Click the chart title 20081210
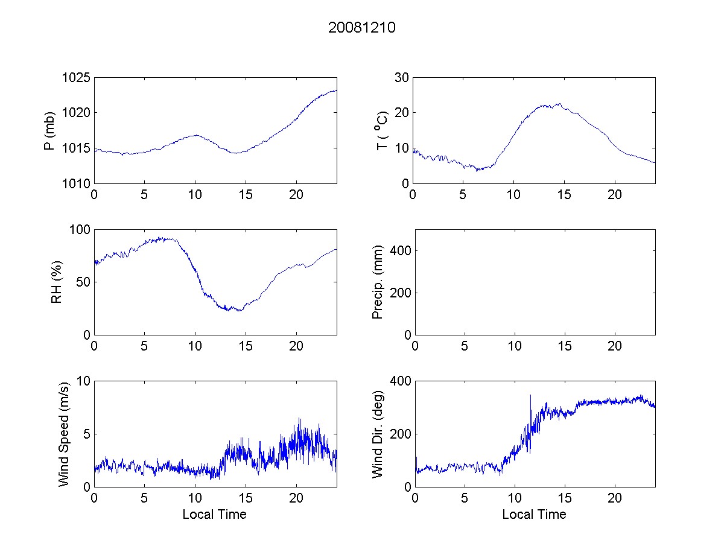tap(361, 28)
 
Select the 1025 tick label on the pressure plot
tap(76, 78)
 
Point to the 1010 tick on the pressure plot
tap(76, 183)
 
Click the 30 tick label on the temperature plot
tap(402, 78)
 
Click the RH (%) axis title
tap(57, 282)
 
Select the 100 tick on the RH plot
tap(80, 230)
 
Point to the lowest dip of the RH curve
tap(240, 311)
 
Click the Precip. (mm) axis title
tap(378, 282)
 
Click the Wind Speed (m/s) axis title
tap(63, 434)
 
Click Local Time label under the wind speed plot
tap(214, 515)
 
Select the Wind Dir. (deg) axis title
tap(378, 434)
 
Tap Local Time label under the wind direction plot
tap(534, 515)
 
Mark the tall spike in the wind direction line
tap(530, 396)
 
